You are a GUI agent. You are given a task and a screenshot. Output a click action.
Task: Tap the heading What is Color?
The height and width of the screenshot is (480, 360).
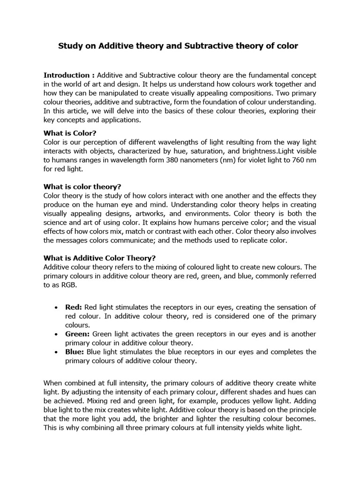(69, 133)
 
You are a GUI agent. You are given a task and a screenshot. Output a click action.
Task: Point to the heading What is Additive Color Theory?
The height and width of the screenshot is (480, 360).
(99, 258)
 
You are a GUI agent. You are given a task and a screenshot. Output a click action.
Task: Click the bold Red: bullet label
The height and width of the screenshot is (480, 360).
(74, 307)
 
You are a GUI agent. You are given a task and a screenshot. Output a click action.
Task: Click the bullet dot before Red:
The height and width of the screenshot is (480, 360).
(56, 307)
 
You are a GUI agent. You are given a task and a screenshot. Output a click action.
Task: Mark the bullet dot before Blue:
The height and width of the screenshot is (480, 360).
(56, 352)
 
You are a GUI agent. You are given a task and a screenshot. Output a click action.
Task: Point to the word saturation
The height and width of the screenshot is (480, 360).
(210, 151)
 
